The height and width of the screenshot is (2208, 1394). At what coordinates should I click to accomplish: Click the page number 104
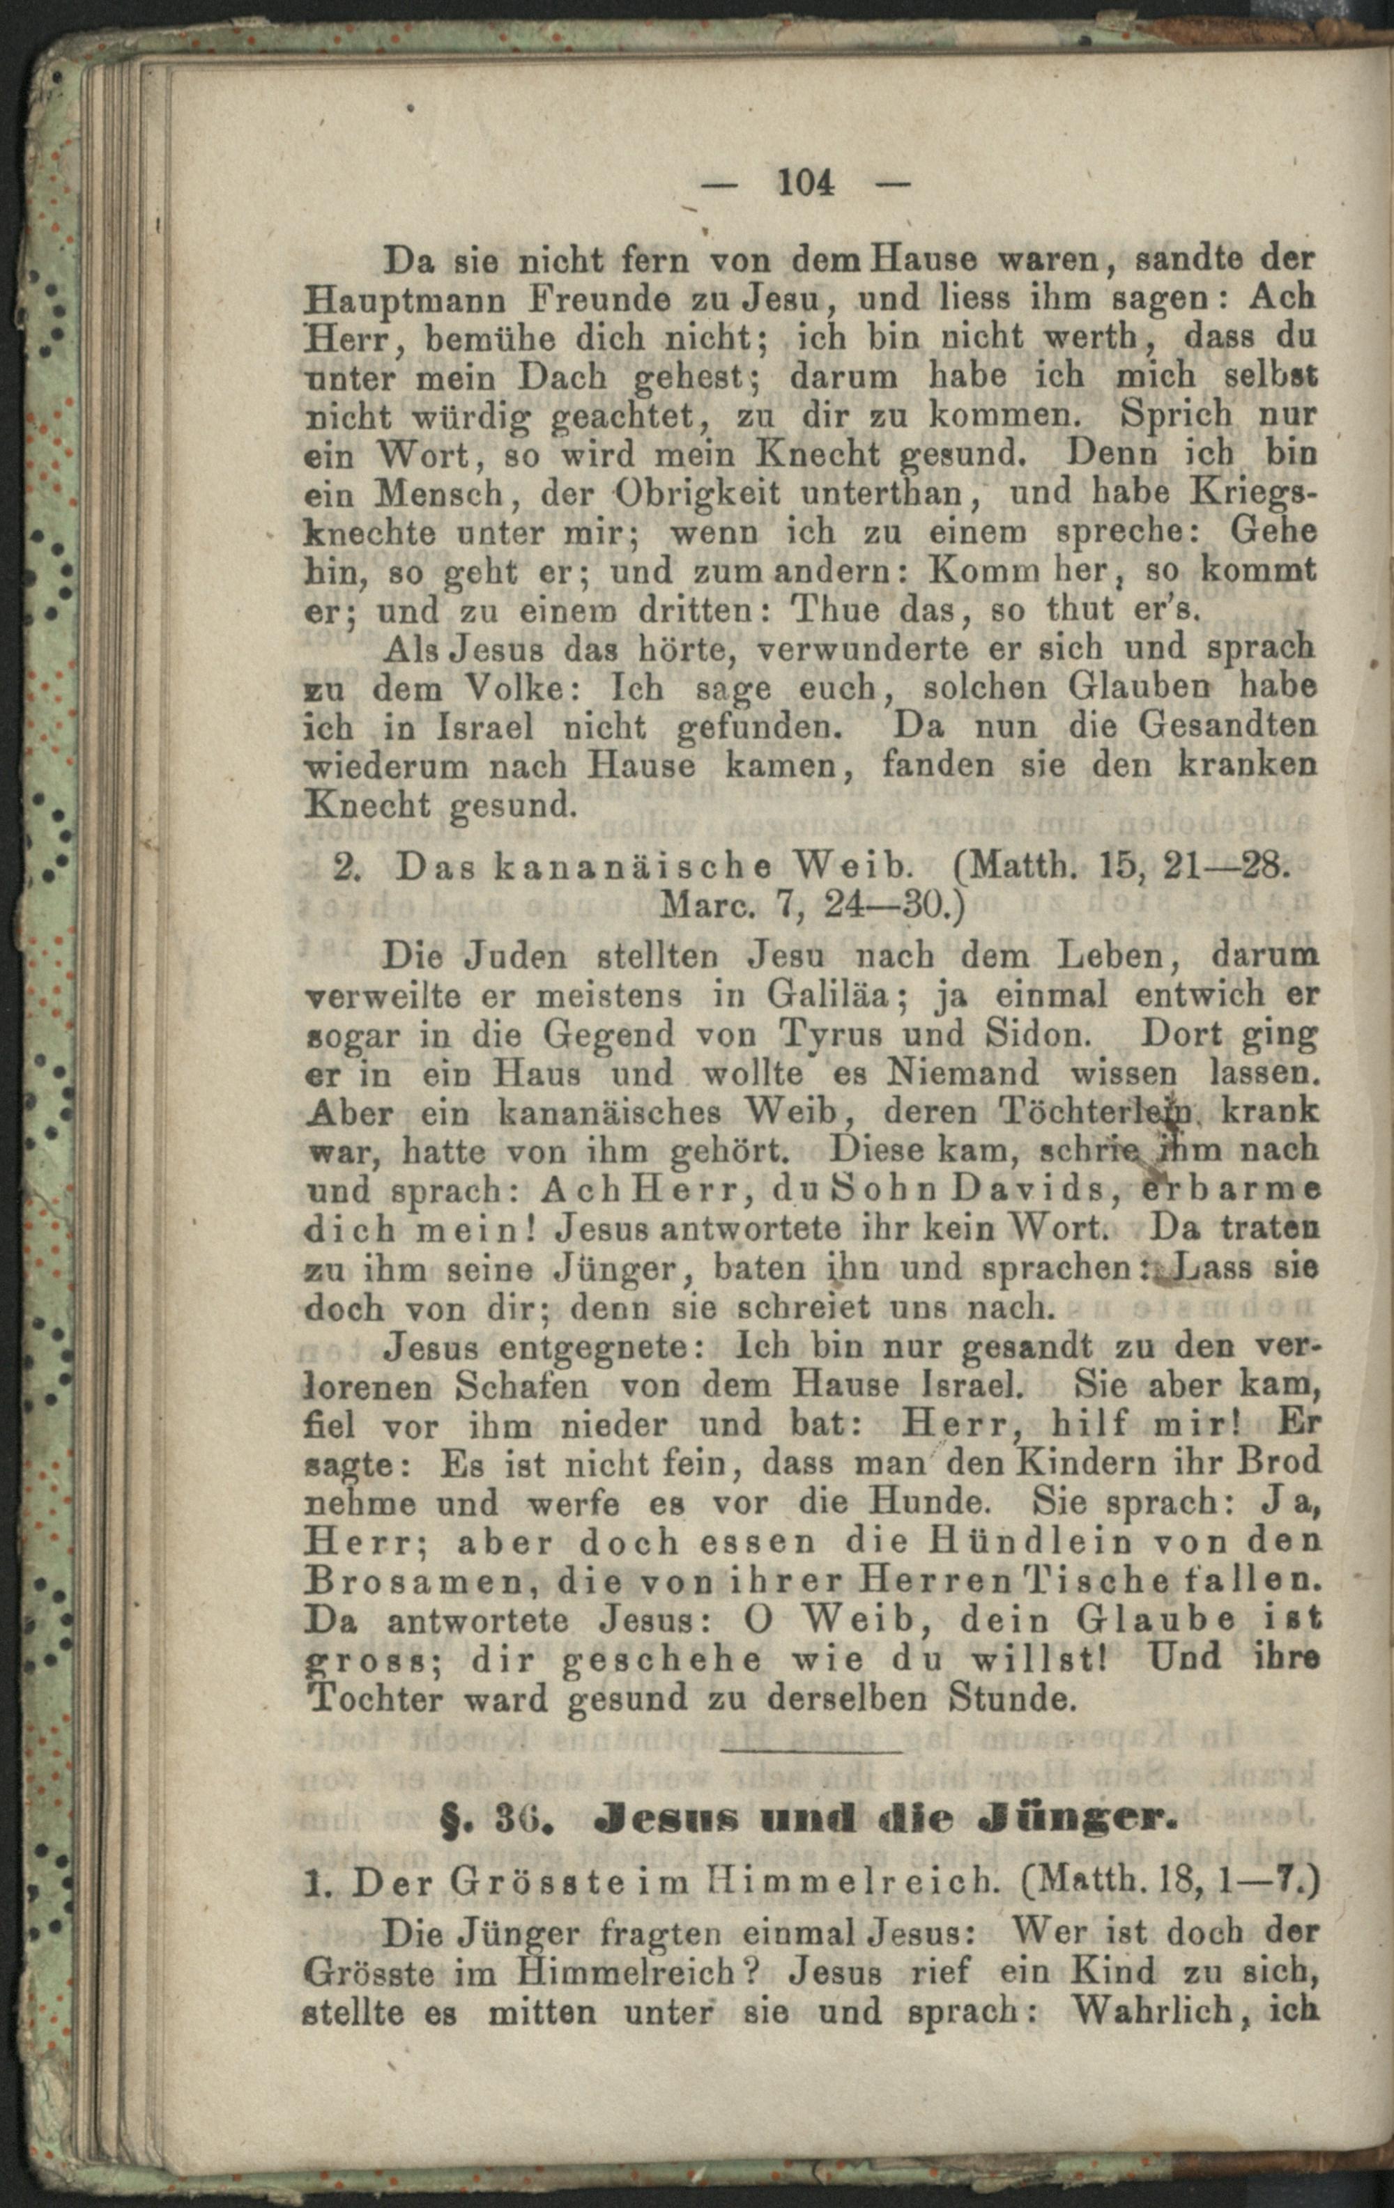pos(805,183)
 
